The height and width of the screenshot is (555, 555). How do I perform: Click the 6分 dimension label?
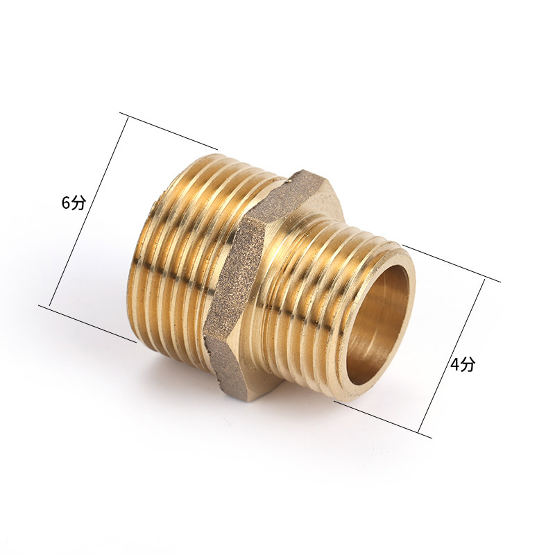click(74, 203)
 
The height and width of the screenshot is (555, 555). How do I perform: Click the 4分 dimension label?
click(462, 364)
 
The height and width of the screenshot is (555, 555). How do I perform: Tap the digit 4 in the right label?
click(454, 365)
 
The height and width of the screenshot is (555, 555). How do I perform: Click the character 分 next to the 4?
click(467, 364)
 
